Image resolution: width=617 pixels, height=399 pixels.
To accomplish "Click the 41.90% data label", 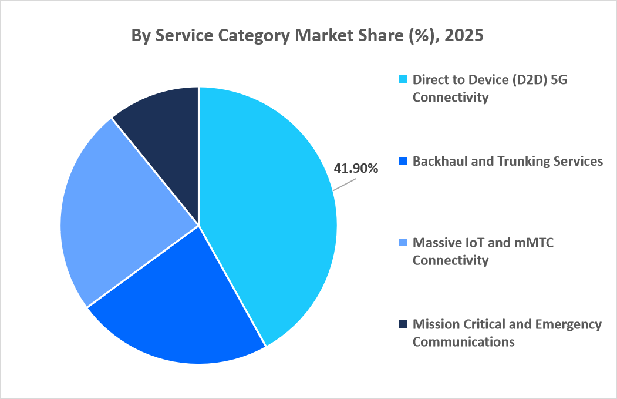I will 356,169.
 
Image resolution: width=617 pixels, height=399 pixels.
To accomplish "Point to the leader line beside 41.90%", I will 345,185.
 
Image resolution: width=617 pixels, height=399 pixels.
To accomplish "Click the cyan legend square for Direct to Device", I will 403,79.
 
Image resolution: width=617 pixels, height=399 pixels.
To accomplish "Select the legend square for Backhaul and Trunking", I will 403,161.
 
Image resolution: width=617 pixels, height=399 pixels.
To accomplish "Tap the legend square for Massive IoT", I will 403,242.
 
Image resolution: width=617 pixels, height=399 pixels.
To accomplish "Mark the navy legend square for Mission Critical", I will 403,324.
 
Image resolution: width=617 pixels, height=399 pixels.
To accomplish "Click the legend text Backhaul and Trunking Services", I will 507,161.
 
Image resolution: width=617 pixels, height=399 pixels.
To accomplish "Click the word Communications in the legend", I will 463,341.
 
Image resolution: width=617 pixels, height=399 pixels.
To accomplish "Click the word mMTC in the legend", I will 531,242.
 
